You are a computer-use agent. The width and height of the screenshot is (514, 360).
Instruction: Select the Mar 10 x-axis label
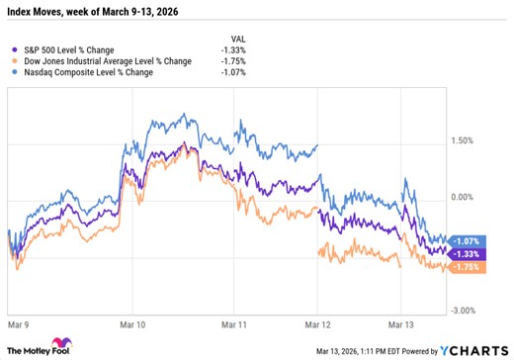(x=130, y=323)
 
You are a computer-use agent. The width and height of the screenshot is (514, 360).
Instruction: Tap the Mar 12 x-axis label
(x=316, y=323)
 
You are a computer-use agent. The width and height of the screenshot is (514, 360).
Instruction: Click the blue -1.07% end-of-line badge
(x=469, y=240)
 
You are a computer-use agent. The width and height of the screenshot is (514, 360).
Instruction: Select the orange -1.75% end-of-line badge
(x=469, y=267)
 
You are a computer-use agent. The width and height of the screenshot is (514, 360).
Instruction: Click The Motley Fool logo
(x=43, y=349)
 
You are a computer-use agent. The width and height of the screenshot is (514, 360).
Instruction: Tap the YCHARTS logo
(x=477, y=350)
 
